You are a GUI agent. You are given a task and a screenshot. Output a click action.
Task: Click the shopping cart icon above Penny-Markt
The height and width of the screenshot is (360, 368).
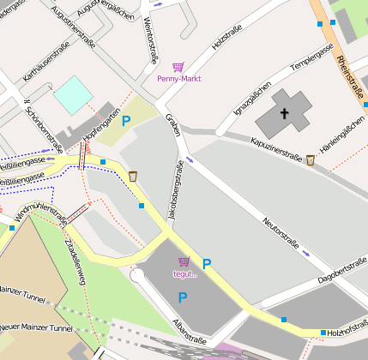[178, 67]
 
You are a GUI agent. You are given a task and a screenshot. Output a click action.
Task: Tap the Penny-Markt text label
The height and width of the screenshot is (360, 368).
[178, 79]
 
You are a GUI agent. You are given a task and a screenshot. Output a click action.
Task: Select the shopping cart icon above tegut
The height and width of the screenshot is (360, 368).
[183, 261]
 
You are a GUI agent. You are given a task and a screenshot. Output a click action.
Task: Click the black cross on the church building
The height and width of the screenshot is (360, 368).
[285, 112]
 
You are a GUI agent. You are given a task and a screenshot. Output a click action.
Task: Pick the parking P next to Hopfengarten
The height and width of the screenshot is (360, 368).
[127, 122]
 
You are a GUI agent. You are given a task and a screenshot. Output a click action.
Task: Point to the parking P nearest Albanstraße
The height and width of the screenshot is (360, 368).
[182, 297]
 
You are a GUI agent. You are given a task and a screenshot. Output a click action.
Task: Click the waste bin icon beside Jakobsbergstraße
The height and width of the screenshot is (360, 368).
[133, 176]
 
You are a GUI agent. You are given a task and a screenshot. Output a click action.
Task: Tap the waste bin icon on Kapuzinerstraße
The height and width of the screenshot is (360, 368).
[310, 159]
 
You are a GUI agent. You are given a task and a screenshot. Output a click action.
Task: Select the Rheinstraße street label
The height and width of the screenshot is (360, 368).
[350, 76]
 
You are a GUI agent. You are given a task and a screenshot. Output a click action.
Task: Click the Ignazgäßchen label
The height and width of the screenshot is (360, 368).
[252, 99]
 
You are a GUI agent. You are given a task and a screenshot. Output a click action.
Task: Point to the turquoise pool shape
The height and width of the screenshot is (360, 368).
[72, 94]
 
